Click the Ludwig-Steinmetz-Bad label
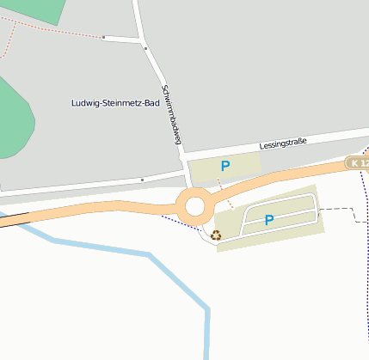point(115,103)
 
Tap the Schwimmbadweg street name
point(172,113)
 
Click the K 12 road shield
point(357,162)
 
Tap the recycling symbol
point(216,233)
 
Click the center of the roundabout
point(195,206)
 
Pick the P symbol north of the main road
point(225,166)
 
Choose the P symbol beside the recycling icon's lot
point(269,220)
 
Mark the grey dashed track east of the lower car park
point(341,209)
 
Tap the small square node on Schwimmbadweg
point(145,49)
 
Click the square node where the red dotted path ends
point(104,38)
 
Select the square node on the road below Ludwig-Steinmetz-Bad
point(141,180)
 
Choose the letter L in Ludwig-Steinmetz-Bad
point(73,103)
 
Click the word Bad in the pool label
point(151,103)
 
